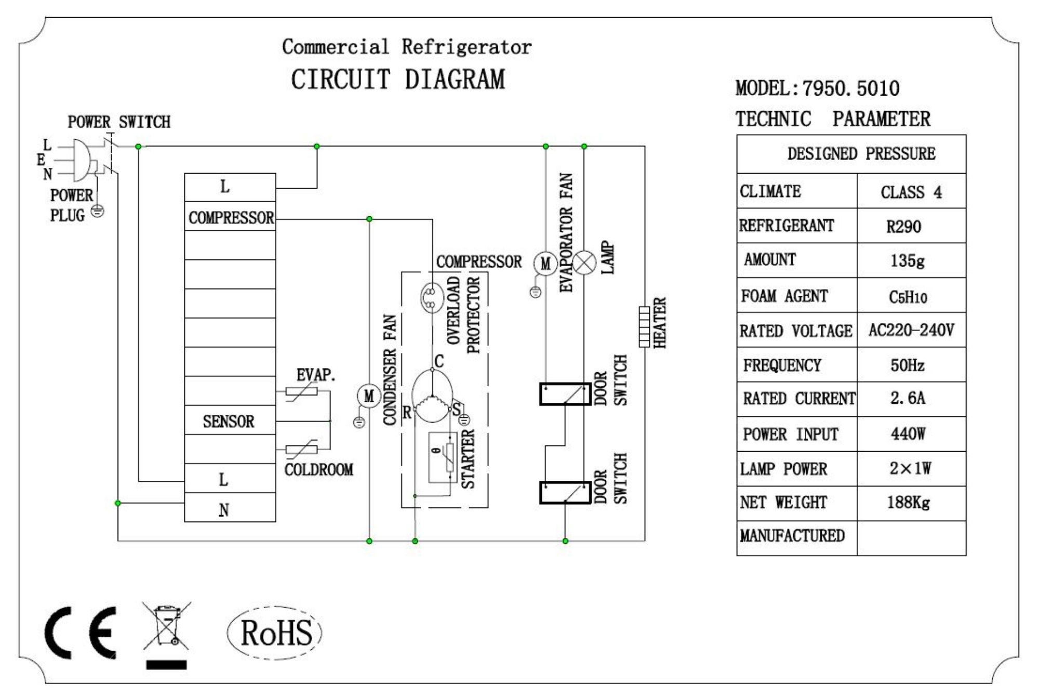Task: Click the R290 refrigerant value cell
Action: (x=903, y=227)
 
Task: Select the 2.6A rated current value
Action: (x=908, y=399)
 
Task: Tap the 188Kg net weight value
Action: (x=908, y=503)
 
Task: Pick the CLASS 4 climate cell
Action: (x=911, y=192)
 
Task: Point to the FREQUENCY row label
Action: (x=782, y=365)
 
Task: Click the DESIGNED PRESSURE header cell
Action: (x=861, y=154)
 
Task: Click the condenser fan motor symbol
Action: (x=369, y=397)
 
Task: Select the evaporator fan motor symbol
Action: (x=545, y=264)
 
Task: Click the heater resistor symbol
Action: (x=644, y=326)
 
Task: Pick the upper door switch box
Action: (x=565, y=394)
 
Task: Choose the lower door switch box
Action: (x=565, y=492)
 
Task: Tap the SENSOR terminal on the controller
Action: (x=229, y=421)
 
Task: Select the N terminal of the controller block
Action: (x=224, y=510)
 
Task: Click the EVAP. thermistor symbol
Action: (x=302, y=391)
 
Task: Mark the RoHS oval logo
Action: (x=275, y=633)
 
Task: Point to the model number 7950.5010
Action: (x=850, y=88)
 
